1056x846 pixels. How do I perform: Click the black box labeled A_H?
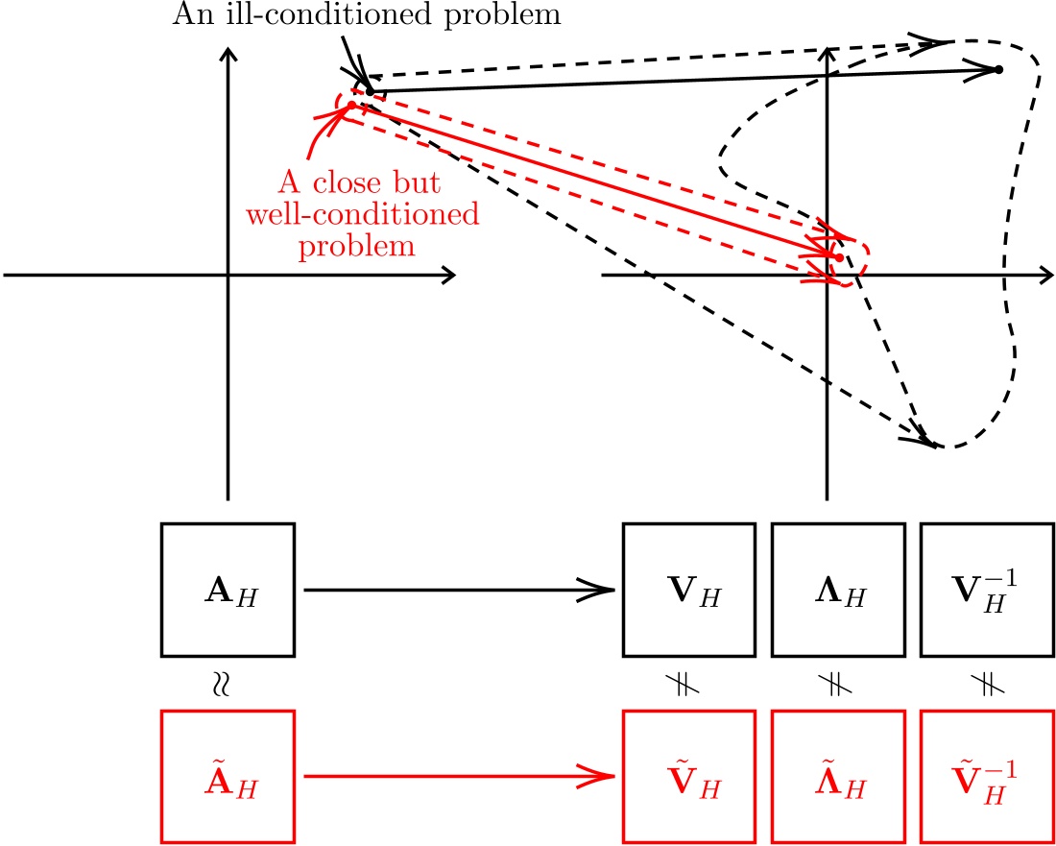[228, 590]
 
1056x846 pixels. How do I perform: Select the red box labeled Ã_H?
[228, 776]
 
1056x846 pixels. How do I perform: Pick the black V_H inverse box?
[987, 590]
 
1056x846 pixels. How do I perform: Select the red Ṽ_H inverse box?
[987, 776]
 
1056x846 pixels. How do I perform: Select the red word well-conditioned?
[362, 213]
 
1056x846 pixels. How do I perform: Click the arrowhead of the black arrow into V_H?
[608, 590]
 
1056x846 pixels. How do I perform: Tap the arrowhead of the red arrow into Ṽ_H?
[608, 776]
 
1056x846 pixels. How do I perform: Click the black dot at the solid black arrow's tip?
[998, 69]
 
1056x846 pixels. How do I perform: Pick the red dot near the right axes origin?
[839, 257]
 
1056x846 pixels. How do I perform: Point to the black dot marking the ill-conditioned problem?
[370, 91]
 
